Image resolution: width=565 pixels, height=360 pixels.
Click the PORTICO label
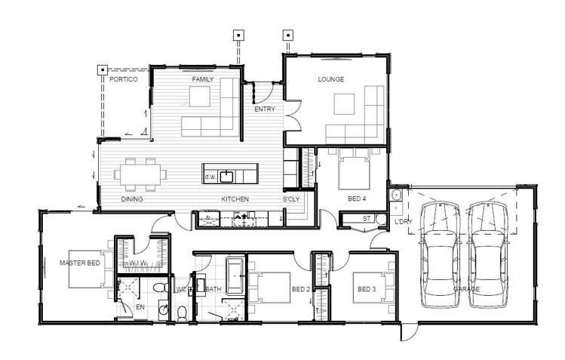[124, 79]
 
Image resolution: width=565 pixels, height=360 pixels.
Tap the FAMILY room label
[203, 79]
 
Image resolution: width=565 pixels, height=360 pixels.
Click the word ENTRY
[264, 109]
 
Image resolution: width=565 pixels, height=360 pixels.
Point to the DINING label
[133, 199]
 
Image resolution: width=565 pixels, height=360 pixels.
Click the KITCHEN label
[235, 199]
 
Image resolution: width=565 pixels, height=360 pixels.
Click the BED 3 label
[367, 289]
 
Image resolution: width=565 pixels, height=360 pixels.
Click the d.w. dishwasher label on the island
[210, 177]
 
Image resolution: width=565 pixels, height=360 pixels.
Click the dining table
[141, 173]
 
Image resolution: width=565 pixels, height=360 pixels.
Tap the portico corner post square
[101, 71]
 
